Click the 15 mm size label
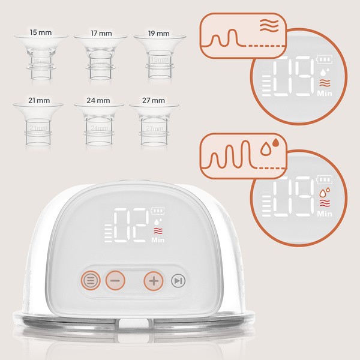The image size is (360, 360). [41, 32]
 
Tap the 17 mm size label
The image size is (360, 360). [101, 33]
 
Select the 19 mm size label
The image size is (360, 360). [158, 34]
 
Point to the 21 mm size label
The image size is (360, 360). [39, 100]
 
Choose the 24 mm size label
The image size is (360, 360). [98, 100]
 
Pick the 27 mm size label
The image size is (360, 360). [154, 100]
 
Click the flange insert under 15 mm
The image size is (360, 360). [41, 58]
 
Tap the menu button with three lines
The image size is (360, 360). [91, 280]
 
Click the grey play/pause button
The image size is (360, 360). [178, 281]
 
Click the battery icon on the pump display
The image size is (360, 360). [157, 211]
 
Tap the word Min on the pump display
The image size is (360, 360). [158, 240]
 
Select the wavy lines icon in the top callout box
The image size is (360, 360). [269, 25]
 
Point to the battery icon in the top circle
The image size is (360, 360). [325, 59]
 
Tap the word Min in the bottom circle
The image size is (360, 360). [325, 214]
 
